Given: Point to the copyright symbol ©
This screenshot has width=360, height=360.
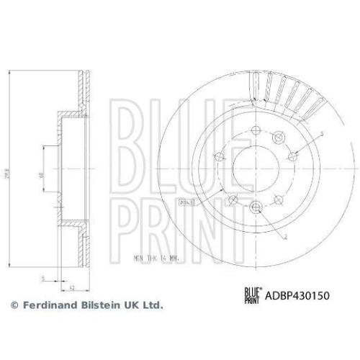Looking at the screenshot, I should click(x=14, y=305).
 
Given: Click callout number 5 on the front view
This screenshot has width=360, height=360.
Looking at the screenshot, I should click(x=322, y=133).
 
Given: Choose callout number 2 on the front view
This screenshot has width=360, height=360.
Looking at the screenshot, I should click(x=287, y=236).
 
